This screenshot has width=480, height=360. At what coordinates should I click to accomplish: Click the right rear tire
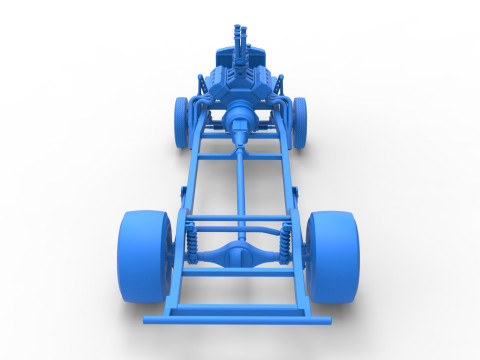333,256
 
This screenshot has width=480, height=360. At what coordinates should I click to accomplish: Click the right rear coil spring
286,241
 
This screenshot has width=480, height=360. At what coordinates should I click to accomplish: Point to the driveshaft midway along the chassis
240,185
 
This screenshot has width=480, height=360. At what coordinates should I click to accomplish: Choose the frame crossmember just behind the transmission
240,156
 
